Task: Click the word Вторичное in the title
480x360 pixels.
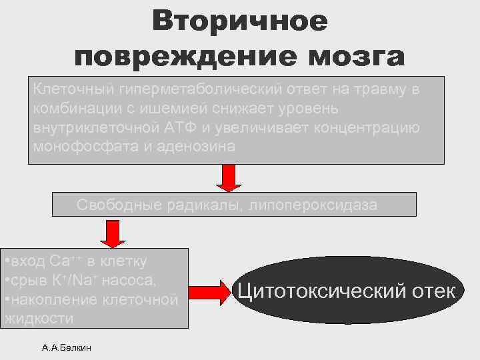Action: [239, 21]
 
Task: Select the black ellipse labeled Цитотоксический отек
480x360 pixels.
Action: [346, 291]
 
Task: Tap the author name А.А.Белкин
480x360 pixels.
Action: [66, 347]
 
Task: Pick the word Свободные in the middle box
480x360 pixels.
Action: [114, 205]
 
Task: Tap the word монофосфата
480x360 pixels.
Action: [77, 147]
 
